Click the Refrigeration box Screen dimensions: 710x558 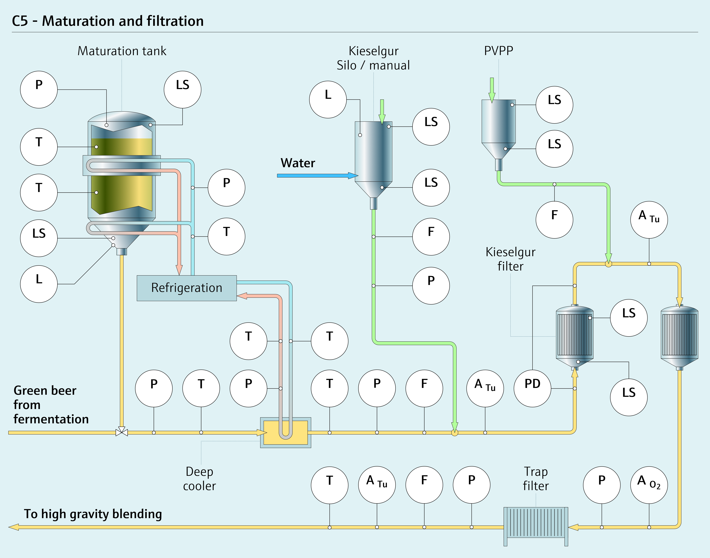pos(186,288)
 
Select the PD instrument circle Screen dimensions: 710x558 pos(532,388)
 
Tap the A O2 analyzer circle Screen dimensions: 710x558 pos(649,485)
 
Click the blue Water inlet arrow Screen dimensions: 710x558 pos(317,176)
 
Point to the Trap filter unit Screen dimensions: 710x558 pos(536,526)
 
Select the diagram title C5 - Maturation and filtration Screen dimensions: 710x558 pos(108,21)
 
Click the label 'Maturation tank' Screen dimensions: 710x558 pos(122,51)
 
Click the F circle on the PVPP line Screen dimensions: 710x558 pos(554,220)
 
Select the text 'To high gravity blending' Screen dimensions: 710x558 pos(93,514)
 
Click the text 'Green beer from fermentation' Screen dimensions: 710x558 pos(51,404)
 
